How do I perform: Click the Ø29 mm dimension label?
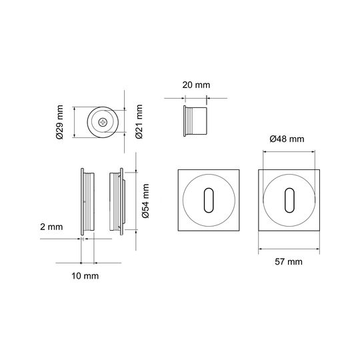(x=59, y=122)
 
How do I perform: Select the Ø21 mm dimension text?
(x=139, y=122)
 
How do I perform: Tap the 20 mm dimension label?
(x=196, y=85)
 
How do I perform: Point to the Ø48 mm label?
(x=287, y=139)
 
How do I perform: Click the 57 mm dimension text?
(x=289, y=261)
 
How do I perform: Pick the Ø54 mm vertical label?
(x=145, y=201)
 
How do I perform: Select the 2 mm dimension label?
(x=51, y=227)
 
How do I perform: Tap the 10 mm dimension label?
(x=85, y=276)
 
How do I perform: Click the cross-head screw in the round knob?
(x=103, y=123)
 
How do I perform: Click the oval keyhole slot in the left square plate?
(x=209, y=200)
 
